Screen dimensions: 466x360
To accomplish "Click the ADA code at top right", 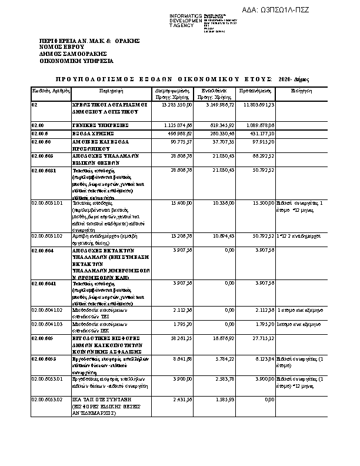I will tap(276, 10).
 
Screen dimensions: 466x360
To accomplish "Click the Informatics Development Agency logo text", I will tap(185, 20).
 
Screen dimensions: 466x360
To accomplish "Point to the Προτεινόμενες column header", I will tap(255, 91).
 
